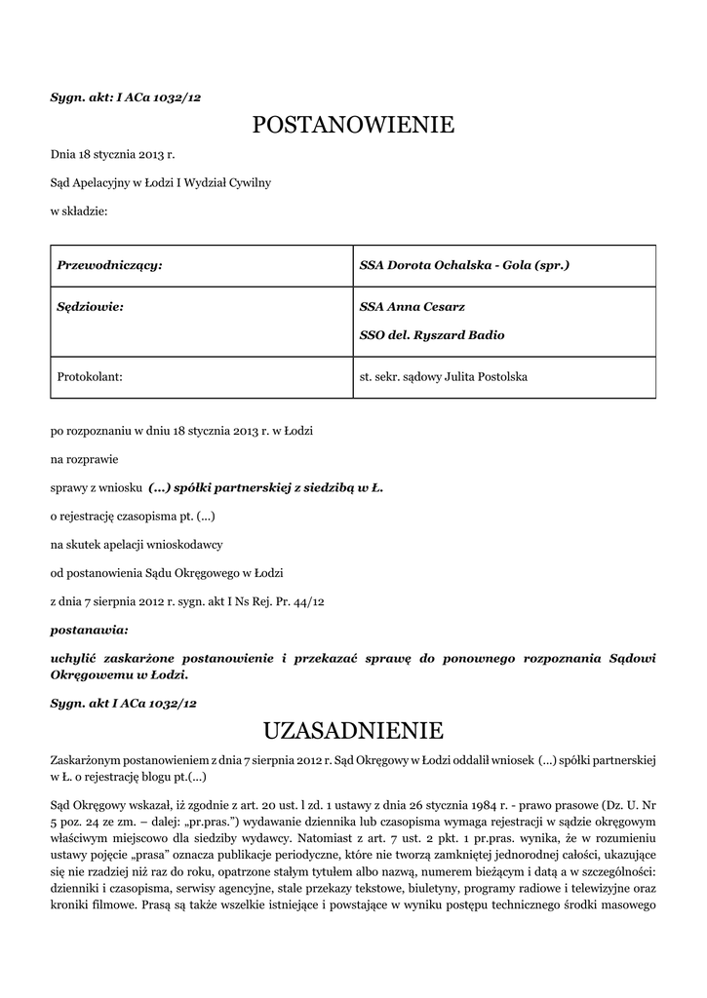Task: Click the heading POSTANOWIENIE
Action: [x=353, y=125]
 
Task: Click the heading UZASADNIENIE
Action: [x=353, y=730]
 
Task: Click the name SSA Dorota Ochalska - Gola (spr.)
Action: [x=464, y=265]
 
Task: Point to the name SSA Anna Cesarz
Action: [x=412, y=306]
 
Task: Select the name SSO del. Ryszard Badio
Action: [x=432, y=335]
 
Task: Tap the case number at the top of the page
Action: [x=125, y=97]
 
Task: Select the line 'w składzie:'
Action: [x=79, y=210]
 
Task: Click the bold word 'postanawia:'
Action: [x=89, y=631]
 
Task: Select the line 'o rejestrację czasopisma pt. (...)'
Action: [x=133, y=516]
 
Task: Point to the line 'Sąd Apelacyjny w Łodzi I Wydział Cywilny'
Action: [x=161, y=182]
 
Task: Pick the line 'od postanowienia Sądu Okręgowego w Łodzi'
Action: [x=167, y=572]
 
